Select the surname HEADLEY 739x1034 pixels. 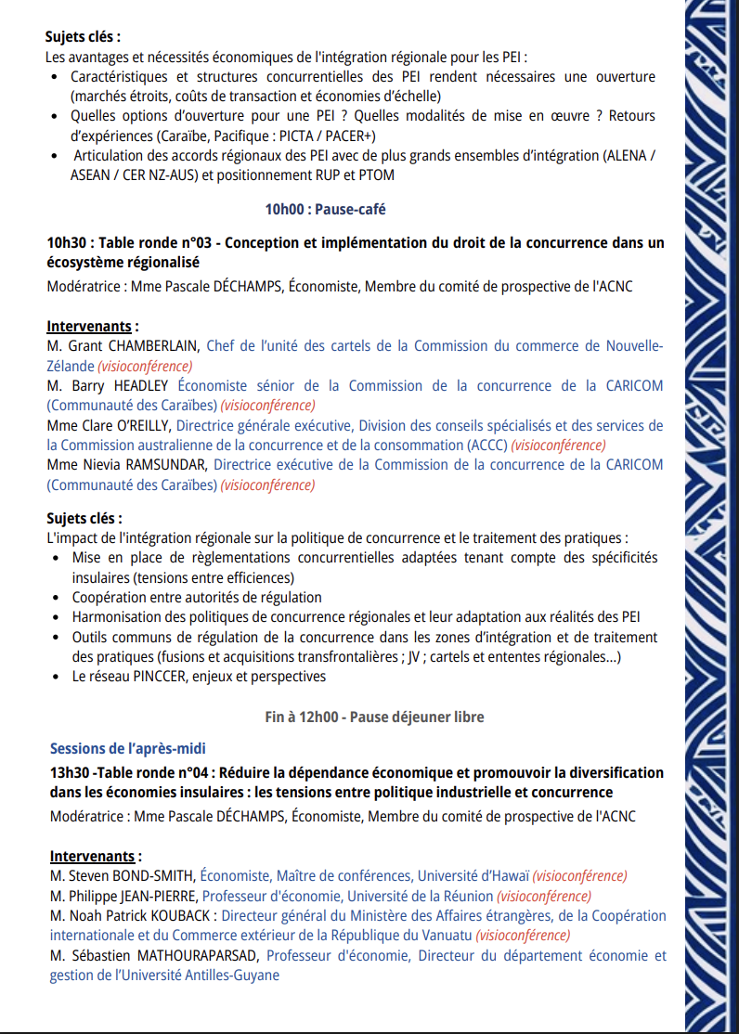click(x=141, y=386)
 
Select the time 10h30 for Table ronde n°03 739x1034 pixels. click(x=70, y=243)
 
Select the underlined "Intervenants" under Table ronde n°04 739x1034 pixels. click(x=90, y=856)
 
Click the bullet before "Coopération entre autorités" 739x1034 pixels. click(x=59, y=598)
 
